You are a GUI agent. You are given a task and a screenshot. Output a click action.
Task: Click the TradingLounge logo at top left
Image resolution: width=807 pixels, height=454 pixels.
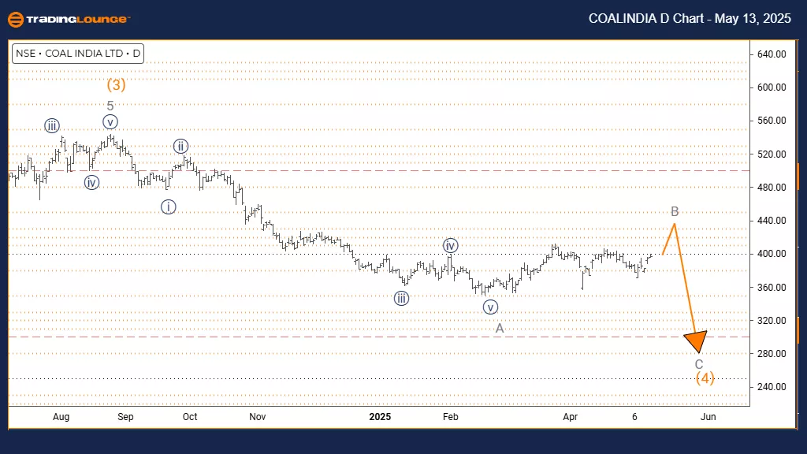pos(67,19)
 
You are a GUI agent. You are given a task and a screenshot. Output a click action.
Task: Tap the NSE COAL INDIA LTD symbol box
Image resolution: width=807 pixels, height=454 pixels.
pos(77,54)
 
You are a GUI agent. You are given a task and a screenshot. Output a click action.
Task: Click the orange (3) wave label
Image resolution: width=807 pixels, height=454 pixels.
pos(116,84)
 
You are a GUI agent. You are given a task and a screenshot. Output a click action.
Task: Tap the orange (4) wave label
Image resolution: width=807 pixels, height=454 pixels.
pos(705,378)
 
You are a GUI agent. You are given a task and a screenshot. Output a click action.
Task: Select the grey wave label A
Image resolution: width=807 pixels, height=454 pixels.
pos(500,328)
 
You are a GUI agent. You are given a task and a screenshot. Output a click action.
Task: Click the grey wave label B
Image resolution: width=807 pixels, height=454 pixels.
pos(675,211)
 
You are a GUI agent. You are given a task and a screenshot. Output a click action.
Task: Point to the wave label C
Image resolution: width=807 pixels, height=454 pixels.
pos(699,364)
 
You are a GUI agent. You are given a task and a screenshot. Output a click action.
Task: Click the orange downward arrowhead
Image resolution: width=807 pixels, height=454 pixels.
pos(696,341)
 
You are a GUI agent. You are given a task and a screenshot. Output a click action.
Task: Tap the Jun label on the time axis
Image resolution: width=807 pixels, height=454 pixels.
pos(708,416)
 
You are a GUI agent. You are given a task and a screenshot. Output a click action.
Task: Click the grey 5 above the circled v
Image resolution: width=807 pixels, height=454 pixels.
pos(110,106)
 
